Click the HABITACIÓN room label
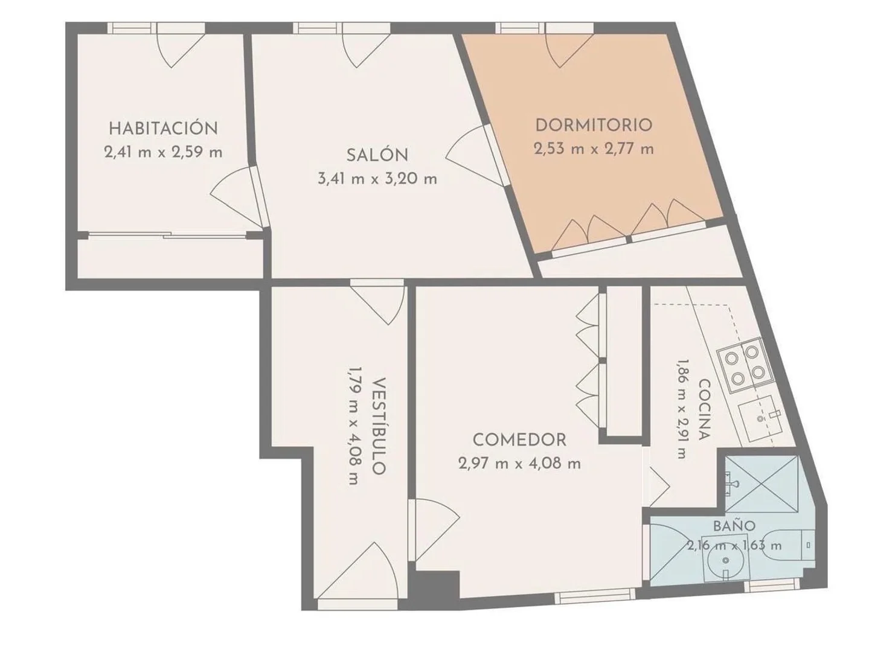coord(164,129)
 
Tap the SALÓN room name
coord(377,155)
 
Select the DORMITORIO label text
coord(594,125)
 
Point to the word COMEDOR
coord(519,440)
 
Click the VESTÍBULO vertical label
coord(379,426)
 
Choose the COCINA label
coord(705,409)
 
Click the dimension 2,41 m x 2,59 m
coord(164,153)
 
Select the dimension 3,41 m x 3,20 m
coord(377,179)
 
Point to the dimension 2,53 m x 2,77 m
coord(594,149)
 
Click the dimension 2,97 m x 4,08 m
coord(519,464)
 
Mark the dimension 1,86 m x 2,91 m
coord(682,409)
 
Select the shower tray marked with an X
coord(761,484)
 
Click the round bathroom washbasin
coord(726,561)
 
